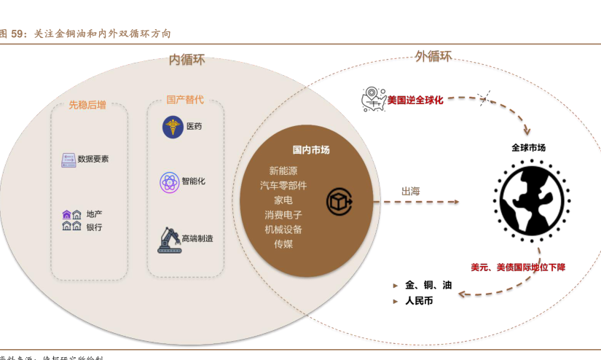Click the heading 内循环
(187, 60)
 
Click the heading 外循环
(433, 56)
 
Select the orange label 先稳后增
(87, 105)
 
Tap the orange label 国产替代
(184, 99)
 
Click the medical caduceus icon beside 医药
(173, 127)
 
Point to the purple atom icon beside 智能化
(170, 181)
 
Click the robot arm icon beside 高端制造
(168, 238)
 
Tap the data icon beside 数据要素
(68, 159)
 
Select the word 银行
(94, 227)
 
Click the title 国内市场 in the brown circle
(311, 150)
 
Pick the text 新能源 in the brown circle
(283, 171)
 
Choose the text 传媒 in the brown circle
(283, 244)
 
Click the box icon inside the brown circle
(339, 201)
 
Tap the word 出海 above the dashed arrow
(410, 191)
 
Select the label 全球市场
(528, 148)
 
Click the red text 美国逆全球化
(415, 100)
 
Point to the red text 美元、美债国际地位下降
(518, 267)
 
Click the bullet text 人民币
(419, 300)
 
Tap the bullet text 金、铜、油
(428, 285)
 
